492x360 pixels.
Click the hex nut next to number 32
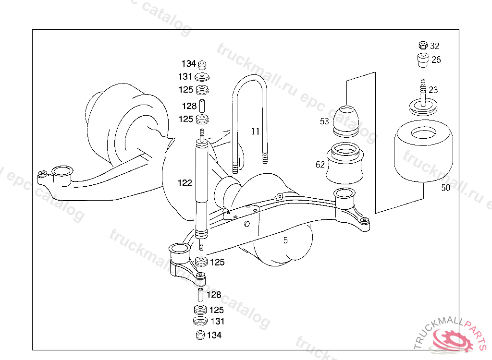423,46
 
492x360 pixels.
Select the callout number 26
436,60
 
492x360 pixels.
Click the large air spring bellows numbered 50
423,151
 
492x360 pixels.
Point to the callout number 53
324,121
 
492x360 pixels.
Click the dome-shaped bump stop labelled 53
346,121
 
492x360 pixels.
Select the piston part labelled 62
345,163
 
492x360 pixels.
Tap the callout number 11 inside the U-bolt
256,132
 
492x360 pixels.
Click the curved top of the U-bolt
250,77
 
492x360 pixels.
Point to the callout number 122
184,183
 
